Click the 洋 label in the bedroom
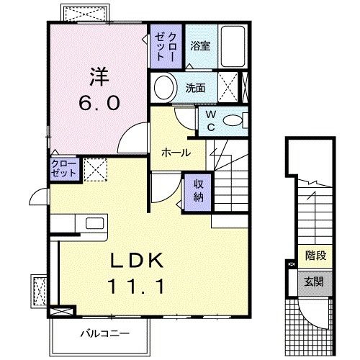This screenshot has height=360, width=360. point(98,75)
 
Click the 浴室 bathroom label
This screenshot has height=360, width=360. point(199,46)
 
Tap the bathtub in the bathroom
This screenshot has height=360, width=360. point(232,45)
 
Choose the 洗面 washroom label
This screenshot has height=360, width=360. point(195,89)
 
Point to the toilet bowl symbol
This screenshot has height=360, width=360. point(235,120)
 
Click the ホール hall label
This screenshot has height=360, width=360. point(176,153)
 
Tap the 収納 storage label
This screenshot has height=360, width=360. point(199,189)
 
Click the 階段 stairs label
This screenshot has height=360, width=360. point(315,254)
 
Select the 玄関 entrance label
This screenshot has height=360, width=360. point(315,281)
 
